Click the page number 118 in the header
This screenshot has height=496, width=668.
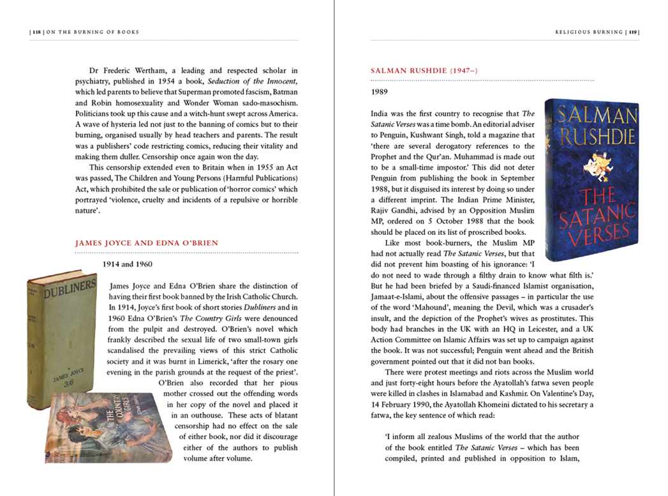[x=37, y=32]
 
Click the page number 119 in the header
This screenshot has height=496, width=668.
[x=632, y=32]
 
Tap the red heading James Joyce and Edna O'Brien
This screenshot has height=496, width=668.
[x=147, y=243]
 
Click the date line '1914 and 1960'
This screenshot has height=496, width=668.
[x=128, y=263]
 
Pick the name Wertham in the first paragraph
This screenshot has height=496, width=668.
[x=145, y=70]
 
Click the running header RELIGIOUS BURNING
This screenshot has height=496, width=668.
[x=588, y=32]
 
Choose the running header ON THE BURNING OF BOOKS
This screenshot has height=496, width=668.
[x=94, y=32]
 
